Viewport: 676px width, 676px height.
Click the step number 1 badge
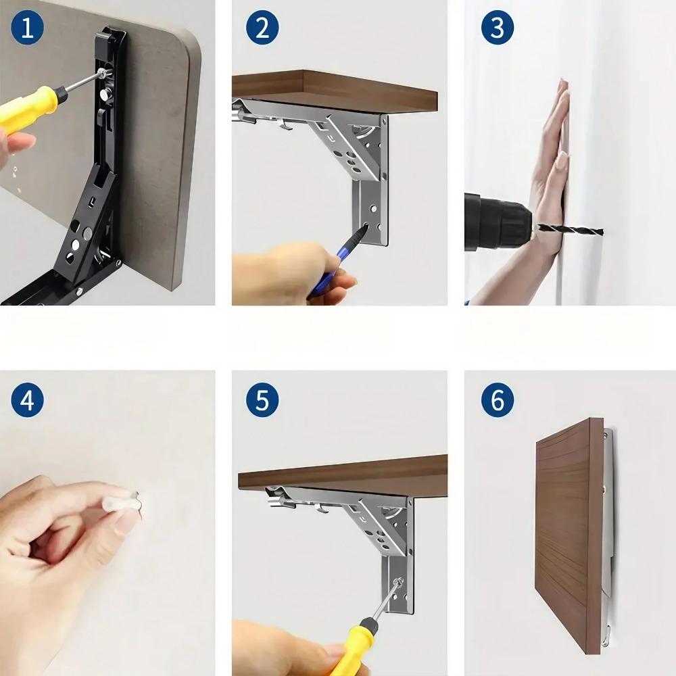(27, 28)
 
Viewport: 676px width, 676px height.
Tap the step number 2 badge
(262, 28)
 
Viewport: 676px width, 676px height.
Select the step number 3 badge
(498, 28)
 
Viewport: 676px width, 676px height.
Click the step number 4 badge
(27, 400)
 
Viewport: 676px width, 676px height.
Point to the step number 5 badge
(262, 400)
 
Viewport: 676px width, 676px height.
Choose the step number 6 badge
(498, 400)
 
